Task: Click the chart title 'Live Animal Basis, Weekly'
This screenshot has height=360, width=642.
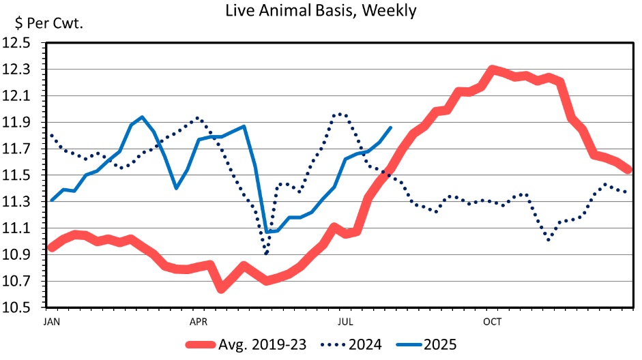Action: coord(320,11)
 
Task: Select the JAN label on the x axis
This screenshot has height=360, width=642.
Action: coord(51,319)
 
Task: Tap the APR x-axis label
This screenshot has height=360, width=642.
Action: coord(198,319)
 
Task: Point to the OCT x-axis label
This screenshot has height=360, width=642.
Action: coord(492,319)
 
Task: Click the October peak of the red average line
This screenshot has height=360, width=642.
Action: coord(493,70)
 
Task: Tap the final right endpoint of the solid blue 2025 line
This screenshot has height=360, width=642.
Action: coord(391,127)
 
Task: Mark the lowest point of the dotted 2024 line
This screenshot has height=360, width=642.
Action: coord(266,254)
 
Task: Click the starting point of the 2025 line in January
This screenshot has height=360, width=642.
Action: coord(51,200)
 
